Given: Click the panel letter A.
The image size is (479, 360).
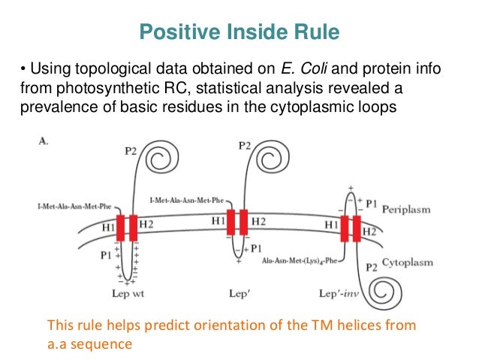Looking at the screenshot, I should [44, 140].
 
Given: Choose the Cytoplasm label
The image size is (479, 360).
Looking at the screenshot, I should [408, 263].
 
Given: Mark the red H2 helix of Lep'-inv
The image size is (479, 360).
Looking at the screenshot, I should [357, 228].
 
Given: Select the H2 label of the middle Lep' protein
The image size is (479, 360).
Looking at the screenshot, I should [258, 221].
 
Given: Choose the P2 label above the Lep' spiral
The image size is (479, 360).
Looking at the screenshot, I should [243, 145].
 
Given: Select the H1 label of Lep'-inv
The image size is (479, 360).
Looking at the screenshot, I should [331, 224].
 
